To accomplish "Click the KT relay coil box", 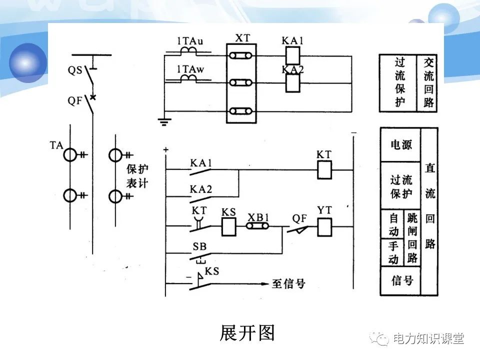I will coord(324,170).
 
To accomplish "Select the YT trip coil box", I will coord(324,228).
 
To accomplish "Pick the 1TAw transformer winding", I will coord(188,78).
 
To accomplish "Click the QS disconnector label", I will coord(74,70).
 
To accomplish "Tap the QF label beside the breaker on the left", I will coord(74,100).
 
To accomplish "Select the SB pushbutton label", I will coord(199,247).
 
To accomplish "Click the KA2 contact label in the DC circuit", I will coord(201,189).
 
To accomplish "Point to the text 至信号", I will coord(288,284).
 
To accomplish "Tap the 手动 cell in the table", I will coord(393,252).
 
